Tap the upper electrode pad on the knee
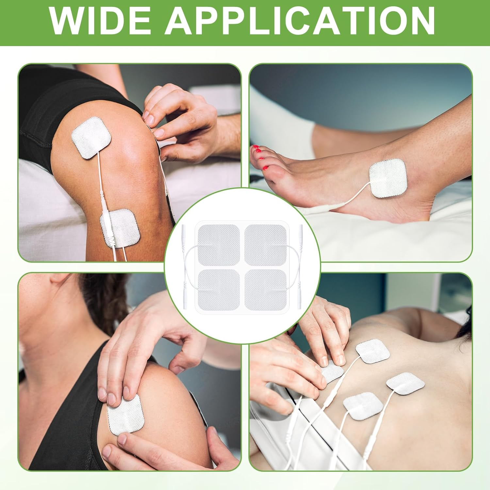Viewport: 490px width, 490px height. [91, 138]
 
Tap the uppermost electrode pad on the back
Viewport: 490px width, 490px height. [373, 352]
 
